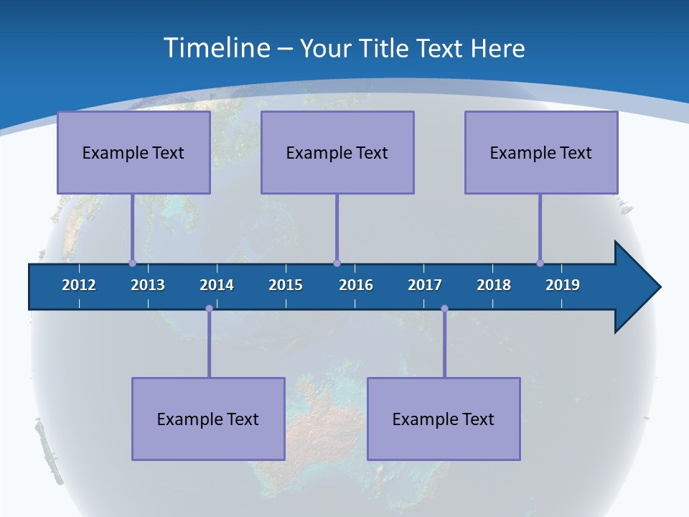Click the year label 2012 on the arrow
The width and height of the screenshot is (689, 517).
coord(79,285)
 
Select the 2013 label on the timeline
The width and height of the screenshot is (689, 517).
coord(148,285)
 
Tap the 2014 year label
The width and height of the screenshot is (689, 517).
coord(217,285)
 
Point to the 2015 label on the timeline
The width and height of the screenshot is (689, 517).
coord(286,285)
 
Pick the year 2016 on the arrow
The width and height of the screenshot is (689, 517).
coord(356,285)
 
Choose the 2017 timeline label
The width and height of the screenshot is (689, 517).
coord(425,285)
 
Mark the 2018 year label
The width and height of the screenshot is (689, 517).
coord(494,285)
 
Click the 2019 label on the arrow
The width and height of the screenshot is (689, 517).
coord(563,285)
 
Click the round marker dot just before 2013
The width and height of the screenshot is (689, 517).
coord(132,264)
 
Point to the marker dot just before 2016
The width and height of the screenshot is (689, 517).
coord(337,264)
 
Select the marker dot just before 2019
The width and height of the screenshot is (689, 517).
coord(540,264)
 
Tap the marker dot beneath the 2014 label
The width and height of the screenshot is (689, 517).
coord(209,309)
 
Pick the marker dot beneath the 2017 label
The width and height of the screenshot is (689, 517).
coord(444,309)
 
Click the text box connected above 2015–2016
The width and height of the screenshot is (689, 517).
coord(337,152)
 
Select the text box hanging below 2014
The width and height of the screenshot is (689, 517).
coord(208,419)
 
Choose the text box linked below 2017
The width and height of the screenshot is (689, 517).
coord(444,419)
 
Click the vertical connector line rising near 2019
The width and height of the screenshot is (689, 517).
coord(540,228)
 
